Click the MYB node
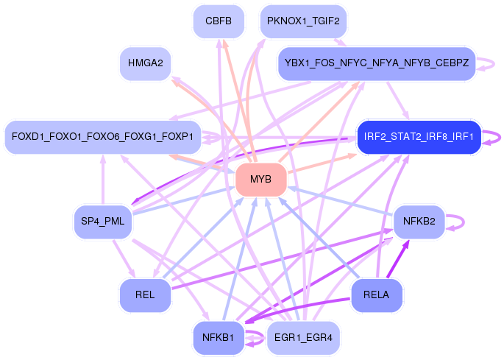[x=260, y=180]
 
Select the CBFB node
[x=219, y=21]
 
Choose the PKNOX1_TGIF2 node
[x=303, y=21]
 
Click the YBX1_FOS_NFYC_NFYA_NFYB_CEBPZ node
[x=375, y=63]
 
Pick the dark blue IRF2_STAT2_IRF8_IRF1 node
[x=418, y=137]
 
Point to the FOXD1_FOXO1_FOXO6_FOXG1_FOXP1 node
[x=102, y=137]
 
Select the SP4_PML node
[x=103, y=221]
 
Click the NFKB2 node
[x=419, y=221]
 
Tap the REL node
[x=145, y=295]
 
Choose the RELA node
[x=376, y=295]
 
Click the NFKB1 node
[x=218, y=338]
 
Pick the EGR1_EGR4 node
[x=303, y=338]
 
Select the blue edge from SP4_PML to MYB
[x=184, y=200]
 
